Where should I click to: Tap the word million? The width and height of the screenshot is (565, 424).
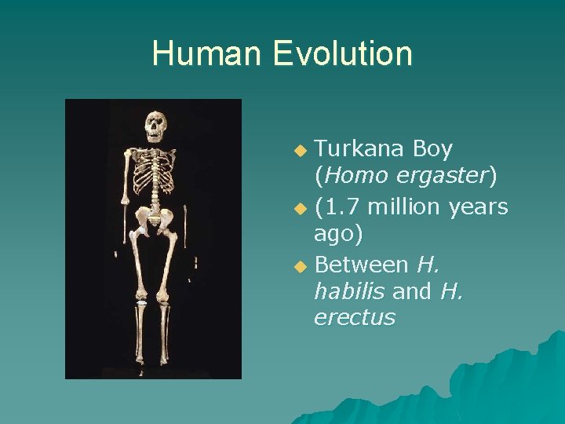click(401, 207)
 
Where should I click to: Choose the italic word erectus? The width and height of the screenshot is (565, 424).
click(355, 318)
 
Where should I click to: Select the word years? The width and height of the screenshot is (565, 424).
click(478, 207)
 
